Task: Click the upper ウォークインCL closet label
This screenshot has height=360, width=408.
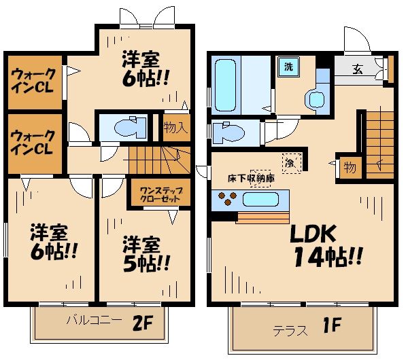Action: [31, 81]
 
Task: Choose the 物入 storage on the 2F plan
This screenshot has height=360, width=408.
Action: [175, 128]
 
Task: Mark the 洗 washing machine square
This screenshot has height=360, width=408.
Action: [288, 67]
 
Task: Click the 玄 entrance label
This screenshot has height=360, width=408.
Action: [358, 69]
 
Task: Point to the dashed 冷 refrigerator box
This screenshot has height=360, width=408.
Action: [290, 163]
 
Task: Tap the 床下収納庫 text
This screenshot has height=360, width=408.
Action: [251, 179]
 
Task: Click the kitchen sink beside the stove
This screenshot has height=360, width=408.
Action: [261, 200]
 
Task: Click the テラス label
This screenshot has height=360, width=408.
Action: [288, 329]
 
